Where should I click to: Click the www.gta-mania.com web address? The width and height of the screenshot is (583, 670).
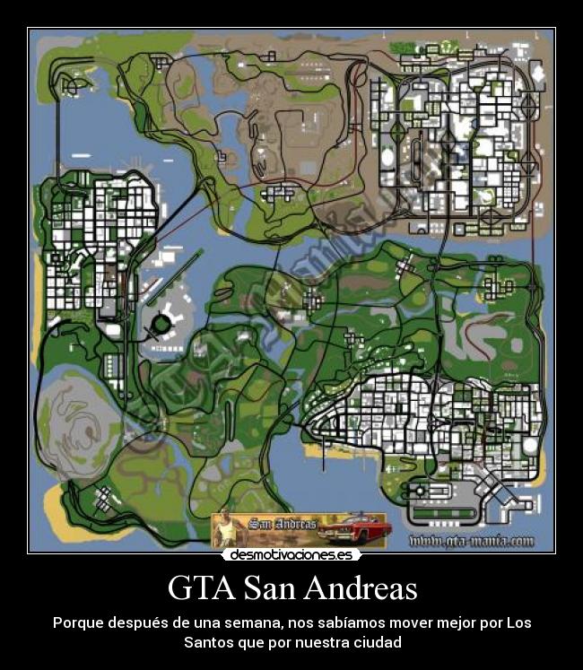(x=471, y=542)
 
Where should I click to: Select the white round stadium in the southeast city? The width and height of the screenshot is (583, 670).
(x=530, y=445)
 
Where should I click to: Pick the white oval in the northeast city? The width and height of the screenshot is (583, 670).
(x=388, y=157)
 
